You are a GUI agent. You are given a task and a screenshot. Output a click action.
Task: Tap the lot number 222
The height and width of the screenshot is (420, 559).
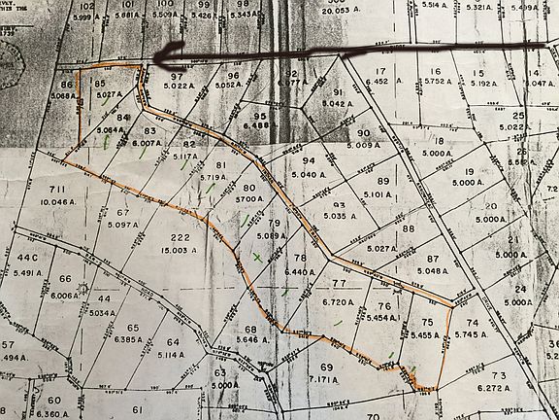click(179, 237)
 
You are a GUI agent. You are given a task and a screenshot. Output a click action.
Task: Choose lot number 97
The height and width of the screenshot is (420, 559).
click(177, 76)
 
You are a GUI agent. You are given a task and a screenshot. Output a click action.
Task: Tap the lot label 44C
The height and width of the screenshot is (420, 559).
click(25, 258)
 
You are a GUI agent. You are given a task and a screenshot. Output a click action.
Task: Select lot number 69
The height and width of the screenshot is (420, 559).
click(326, 367)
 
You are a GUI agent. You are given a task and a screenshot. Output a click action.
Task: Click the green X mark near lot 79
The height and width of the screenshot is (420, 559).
click(256, 257)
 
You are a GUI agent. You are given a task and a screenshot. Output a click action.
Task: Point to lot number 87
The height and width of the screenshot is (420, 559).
click(433, 258)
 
